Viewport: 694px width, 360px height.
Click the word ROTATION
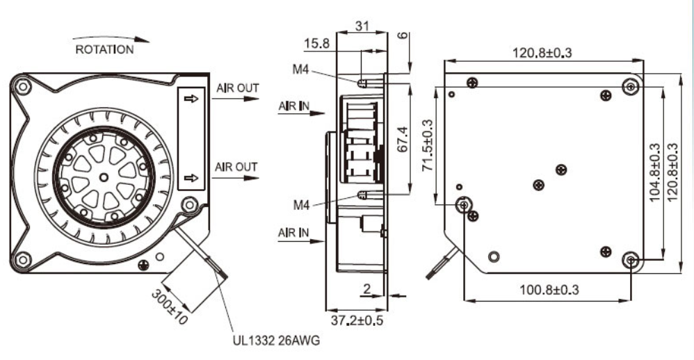click(x=104, y=49)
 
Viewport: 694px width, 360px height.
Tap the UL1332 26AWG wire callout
click(x=275, y=341)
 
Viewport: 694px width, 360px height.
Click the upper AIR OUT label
click(x=236, y=88)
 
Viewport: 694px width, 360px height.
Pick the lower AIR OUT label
click(x=236, y=167)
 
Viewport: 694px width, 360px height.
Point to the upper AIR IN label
click(x=293, y=106)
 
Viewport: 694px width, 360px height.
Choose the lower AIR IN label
click(x=293, y=231)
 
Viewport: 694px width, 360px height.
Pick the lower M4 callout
click(x=301, y=205)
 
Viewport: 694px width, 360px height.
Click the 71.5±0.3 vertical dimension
click(x=426, y=147)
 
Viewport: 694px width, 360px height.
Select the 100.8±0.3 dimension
click(x=549, y=288)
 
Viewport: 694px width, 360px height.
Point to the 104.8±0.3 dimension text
click(x=654, y=172)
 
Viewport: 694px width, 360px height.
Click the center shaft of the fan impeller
click(x=104, y=177)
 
